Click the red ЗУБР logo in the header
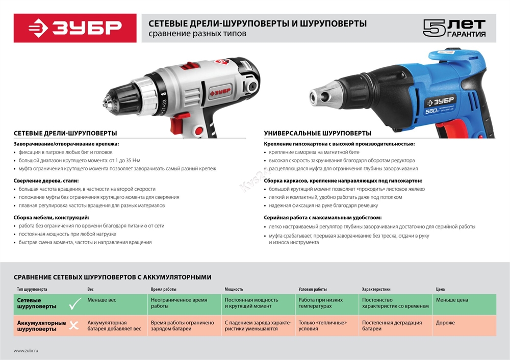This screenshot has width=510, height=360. pos(74,28)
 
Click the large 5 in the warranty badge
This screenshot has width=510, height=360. pos(432,28)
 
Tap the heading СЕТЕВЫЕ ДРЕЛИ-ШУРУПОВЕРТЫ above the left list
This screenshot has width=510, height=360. pos(65,133)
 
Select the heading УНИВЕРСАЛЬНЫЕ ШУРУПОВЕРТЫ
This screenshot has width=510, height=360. pos(317,133)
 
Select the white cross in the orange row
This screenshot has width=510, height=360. pos(74,325)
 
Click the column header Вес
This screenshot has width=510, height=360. pos(90,289)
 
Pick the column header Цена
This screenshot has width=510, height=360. pos(440,289)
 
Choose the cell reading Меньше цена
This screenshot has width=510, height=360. pos(452,300)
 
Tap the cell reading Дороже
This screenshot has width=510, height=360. pos(445,323)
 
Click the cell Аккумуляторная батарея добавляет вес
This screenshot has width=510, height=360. pos(114,326)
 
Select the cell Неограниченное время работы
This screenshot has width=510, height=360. pos(179,303)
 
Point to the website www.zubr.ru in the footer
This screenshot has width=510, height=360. pos(26,351)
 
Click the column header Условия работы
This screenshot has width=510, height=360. pos(313,289)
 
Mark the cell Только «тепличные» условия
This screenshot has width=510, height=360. pos(322,326)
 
